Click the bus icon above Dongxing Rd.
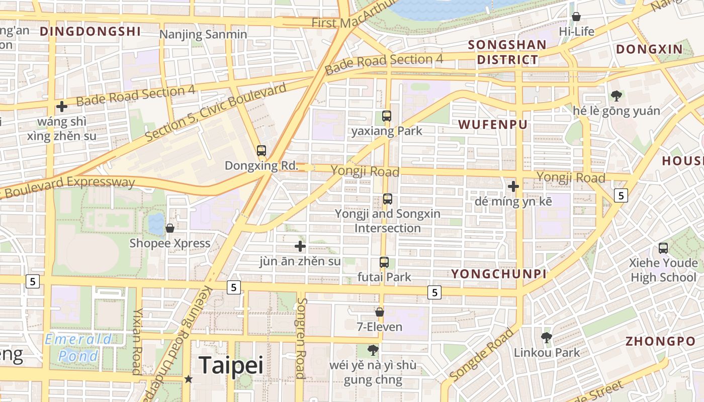(261, 150)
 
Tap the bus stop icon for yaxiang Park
(386, 116)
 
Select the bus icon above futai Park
(384, 262)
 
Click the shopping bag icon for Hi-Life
(576, 17)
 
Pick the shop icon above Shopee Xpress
(170, 228)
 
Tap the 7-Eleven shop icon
(380, 312)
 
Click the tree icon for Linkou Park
(547, 337)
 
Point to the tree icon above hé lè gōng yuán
(616, 95)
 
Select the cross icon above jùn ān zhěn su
(300, 246)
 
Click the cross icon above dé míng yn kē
(513, 186)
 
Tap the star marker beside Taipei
(189, 379)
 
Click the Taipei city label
(231, 365)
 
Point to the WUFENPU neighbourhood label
(493, 125)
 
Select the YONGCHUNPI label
(498, 274)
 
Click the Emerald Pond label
(78, 348)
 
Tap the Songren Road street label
(301, 338)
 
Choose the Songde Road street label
(482, 355)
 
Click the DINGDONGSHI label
(90, 32)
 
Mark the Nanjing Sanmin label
(203, 34)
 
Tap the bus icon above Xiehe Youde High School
(663, 248)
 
